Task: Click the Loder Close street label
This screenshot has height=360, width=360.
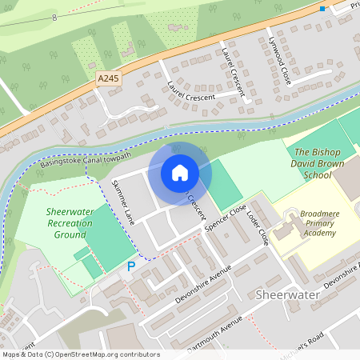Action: (257, 226)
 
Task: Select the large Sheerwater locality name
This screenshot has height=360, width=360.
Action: (287, 295)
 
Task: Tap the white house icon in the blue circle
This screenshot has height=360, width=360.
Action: (180, 172)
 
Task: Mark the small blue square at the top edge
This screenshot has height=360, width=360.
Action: (322, 9)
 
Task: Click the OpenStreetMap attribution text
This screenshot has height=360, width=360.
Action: (80, 354)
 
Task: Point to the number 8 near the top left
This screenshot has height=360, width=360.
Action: (54, 17)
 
